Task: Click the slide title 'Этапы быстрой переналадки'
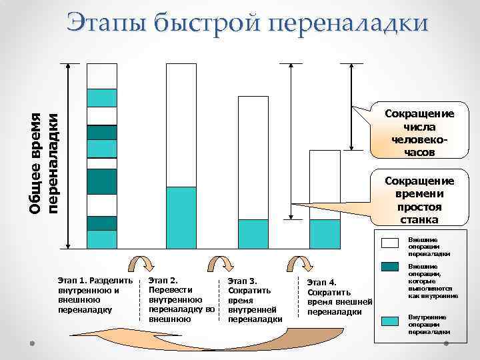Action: [247, 23]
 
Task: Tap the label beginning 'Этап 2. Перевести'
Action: [181, 299]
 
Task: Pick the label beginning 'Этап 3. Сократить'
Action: [255, 299]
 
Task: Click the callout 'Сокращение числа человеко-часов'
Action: [419, 133]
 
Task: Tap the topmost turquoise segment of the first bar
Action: [102, 97]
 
